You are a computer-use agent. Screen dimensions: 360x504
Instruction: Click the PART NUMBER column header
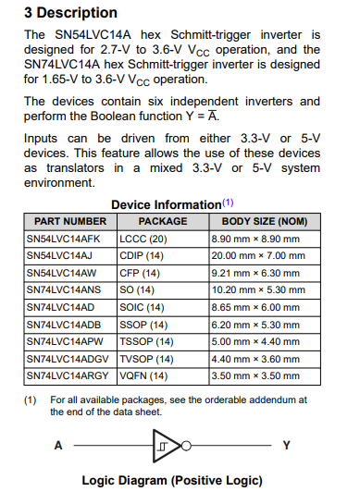tap(69, 222)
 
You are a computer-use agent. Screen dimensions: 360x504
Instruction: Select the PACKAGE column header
tap(162, 222)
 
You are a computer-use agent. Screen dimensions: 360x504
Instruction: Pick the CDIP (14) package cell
tap(143, 255)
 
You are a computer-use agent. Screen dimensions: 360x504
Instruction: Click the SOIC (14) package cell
tap(143, 307)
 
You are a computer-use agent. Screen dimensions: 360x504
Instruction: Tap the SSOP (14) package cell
tap(143, 325)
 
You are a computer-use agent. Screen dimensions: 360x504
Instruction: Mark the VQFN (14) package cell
tap(143, 376)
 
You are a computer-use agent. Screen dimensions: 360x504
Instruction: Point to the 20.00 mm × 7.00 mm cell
tap(254, 255)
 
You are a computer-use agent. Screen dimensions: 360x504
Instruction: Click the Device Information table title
tap(167, 204)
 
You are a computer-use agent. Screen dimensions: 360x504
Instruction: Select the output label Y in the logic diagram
tap(286, 446)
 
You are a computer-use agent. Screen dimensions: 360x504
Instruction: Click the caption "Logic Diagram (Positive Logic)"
tap(172, 481)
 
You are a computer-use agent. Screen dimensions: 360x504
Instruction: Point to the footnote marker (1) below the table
tap(31, 400)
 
